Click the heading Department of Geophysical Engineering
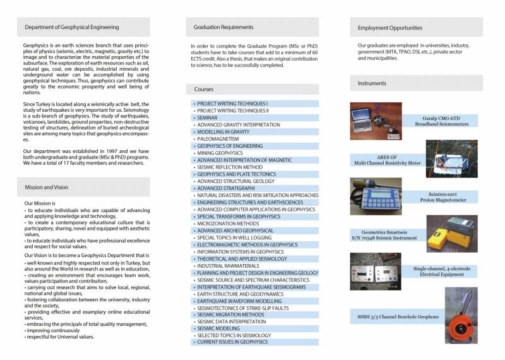coord(71,27)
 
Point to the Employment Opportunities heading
coord(389,28)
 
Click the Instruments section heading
coord(372,83)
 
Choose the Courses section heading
coord(204,90)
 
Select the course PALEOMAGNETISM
coord(218,138)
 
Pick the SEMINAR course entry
coord(208,117)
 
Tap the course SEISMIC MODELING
coord(218,328)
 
